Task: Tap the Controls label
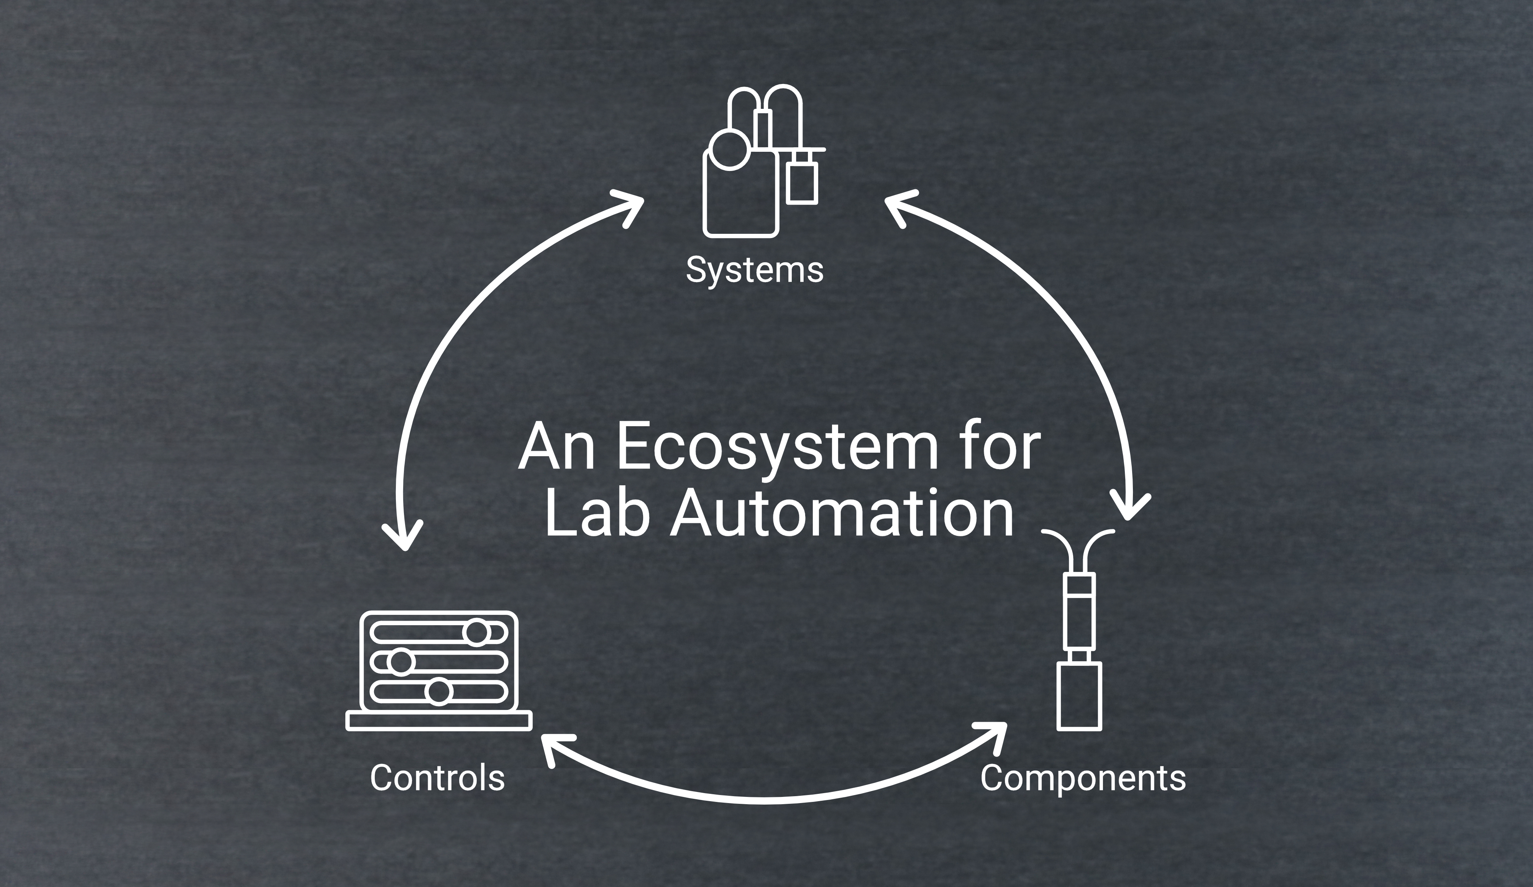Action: click(437, 777)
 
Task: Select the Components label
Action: click(1083, 778)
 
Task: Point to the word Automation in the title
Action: click(842, 515)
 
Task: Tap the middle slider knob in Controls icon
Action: click(400, 662)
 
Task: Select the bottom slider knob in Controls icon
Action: click(438, 692)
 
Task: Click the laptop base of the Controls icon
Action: click(438, 720)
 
